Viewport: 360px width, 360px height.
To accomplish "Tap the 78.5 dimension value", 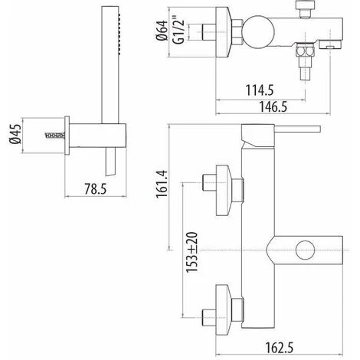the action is [95, 189].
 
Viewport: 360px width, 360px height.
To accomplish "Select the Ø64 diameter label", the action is [162, 31].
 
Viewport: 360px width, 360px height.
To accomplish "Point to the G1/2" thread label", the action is [178, 30].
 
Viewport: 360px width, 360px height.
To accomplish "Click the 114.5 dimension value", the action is [260, 90].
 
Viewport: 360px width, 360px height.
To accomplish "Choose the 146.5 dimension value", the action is [273, 106].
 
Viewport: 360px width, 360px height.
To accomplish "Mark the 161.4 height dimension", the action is [162, 184].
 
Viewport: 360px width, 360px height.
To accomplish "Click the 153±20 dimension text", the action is [191, 252].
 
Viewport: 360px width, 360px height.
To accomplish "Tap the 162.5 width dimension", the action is [280, 348].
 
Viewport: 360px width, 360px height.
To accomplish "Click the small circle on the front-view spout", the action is [306, 250].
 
